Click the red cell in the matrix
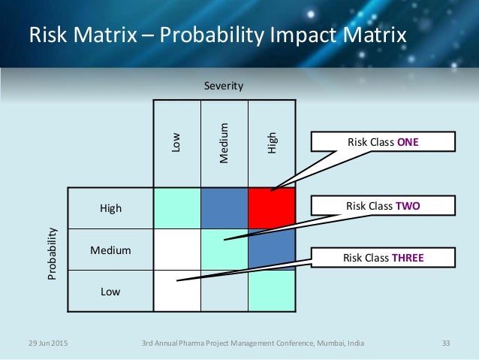pyautogui.click(x=271, y=208)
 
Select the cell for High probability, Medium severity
pyautogui.click(x=224, y=208)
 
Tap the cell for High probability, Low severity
pyautogui.click(x=177, y=208)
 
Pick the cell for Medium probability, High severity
pyautogui.click(x=271, y=250)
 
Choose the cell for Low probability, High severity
pyautogui.click(x=271, y=290)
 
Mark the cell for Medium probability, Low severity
pyautogui.click(x=177, y=250)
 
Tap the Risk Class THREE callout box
pyautogui.click(x=384, y=259)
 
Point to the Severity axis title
pyautogui.click(x=224, y=86)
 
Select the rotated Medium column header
pyautogui.click(x=224, y=142)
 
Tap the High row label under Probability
pyautogui.click(x=110, y=208)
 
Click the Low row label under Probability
pyautogui.click(x=110, y=290)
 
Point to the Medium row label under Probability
pyautogui.click(x=110, y=250)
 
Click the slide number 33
pyautogui.click(x=446, y=343)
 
